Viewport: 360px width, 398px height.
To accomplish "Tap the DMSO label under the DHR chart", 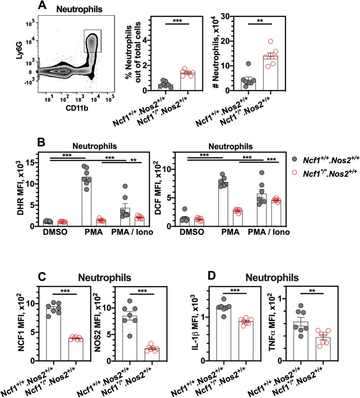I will (36, 234).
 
